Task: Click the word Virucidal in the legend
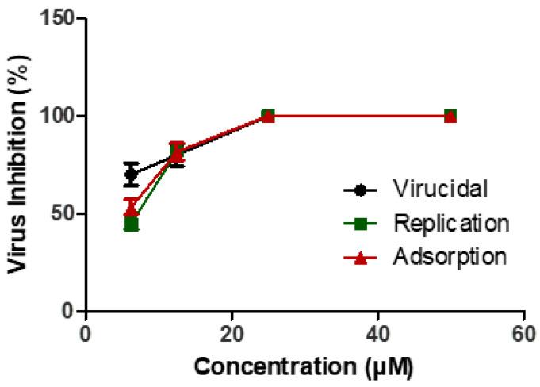pyautogui.click(x=439, y=190)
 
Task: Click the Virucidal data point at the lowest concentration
pyautogui.click(x=132, y=174)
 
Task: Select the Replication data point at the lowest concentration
pyautogui.click(x=132, y=224)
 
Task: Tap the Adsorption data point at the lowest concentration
pyautogui.click(x=132, y=209)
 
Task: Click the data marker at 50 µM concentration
pyautogui.click(x=450, y=116)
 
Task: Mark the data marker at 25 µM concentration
pyautogui.click(x=268, y=116)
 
